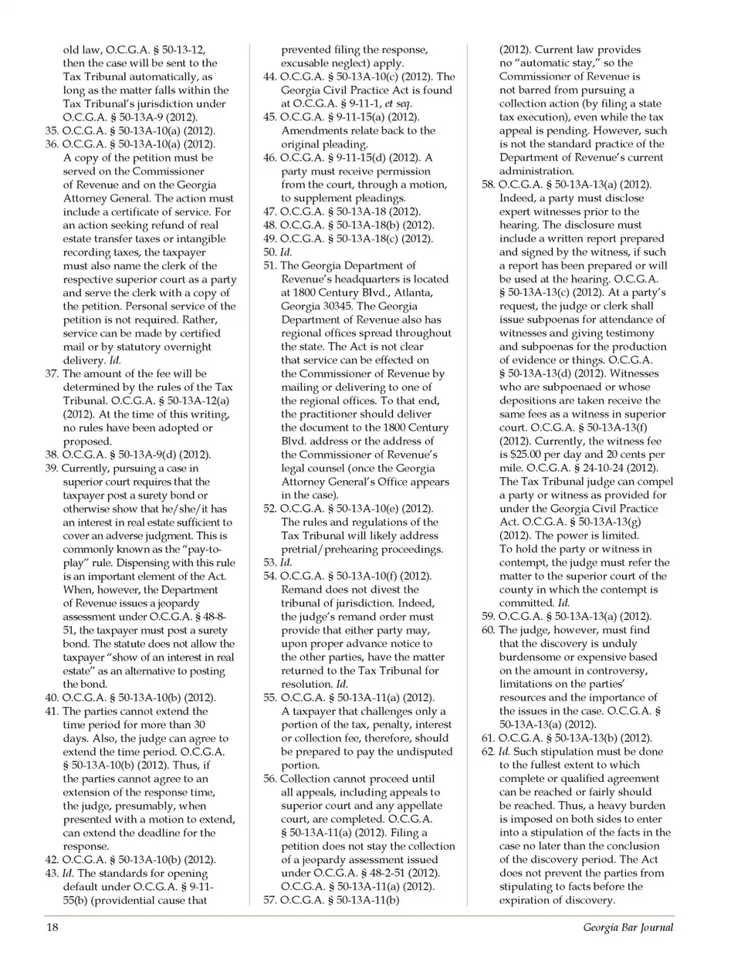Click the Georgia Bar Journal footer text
click(628, 927)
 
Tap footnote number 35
click(52, 130)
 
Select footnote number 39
click(52, 469)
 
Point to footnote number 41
click(52, 712)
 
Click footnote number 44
click(269, 76)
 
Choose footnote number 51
click(269, 266)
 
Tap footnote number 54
click(269, 577)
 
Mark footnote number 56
click(269, 779)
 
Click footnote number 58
click(488, 184)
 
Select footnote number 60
click(488, 630)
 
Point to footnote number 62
click(488, 752)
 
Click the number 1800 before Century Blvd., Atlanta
click(304, 293)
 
